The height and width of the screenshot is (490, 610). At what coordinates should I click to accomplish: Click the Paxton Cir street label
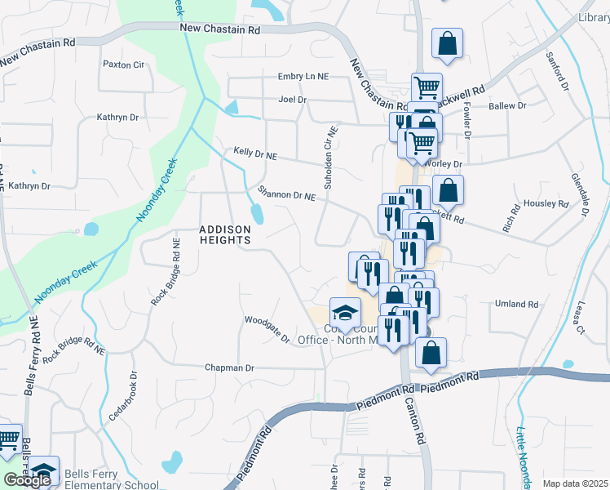123,64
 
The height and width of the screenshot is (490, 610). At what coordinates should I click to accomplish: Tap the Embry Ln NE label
302,76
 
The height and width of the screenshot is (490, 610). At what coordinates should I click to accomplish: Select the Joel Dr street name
292,100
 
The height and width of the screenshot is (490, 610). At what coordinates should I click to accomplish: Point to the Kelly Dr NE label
255,154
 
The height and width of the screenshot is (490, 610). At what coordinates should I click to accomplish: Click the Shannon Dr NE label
286,195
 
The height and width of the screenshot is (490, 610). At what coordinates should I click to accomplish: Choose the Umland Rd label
517,305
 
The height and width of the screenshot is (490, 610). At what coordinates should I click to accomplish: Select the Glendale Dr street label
581,194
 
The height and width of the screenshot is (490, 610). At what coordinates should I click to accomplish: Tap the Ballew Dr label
507,106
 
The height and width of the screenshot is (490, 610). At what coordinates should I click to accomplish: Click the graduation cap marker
345,312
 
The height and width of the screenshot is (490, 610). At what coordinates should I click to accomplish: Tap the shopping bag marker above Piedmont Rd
431,353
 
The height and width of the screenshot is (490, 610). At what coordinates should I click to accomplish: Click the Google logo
27,480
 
